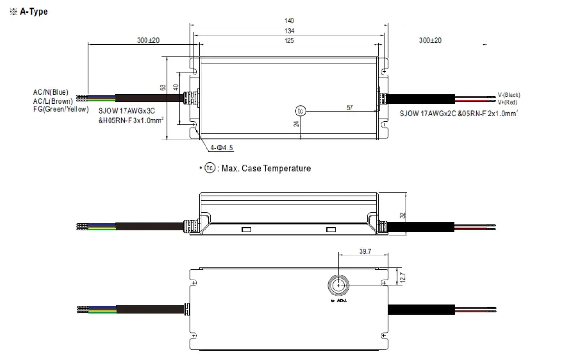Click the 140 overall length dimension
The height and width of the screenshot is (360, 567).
pyautogui.click(x=289, y=20)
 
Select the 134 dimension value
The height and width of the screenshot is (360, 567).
pyautogui.click(x=289, y=31)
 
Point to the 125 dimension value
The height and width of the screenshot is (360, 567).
pyautogui.click(x=289, y=40)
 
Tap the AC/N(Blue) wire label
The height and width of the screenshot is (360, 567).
pyautogui.click(x=50, y=92)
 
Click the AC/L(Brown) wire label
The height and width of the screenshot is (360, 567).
pyautogui.click(x=52, y=101)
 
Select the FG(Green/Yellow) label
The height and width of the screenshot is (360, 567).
pyautogui.click(x=60, y=110)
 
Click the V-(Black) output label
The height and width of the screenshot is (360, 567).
pyautogui.click(x=509, y=95)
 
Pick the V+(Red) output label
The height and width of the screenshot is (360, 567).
pyautogui.click(x=507, y=102)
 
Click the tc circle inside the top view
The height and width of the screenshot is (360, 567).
pyautogui.click(x=300, y=111)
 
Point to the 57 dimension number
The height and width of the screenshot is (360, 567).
pyautogui.click(x=350, y=108)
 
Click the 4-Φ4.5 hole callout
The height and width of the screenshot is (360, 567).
pyautogui.click(x=221, y=148)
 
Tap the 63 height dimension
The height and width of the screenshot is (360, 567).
pyautogui.click(x=164, y=87)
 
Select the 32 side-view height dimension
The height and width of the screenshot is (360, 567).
pyautogui.click(x=402, y=215)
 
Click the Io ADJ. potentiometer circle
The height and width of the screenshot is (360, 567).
pyautogui.click(x=339, y=285)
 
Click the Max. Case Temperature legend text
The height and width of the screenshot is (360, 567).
pyautogui.click(x=266, y=169)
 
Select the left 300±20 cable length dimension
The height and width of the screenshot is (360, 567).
pyautogui.click(x=149, y=40)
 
